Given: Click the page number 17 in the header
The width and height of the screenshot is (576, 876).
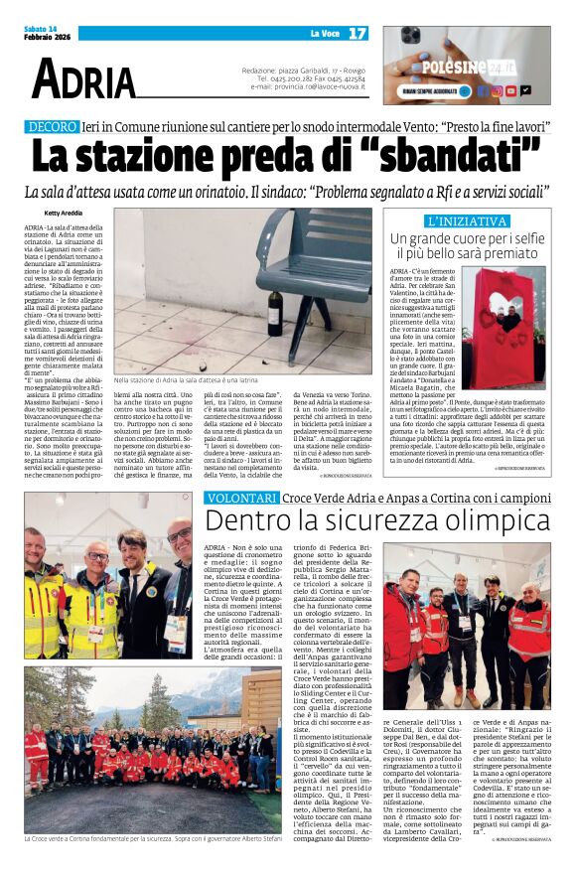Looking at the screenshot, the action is point(358,34).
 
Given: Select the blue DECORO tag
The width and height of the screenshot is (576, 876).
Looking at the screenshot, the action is point(52,128).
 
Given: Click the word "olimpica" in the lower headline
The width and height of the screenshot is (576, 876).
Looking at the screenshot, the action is point(468,521).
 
